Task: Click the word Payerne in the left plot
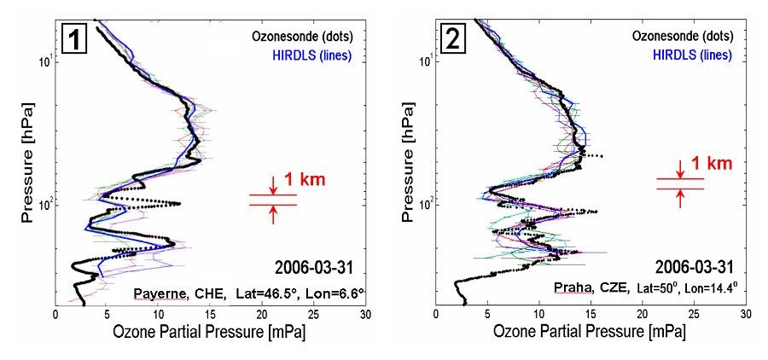pos(155,293)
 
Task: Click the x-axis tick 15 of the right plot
pos(591,313)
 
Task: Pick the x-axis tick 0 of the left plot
pos(56,313)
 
